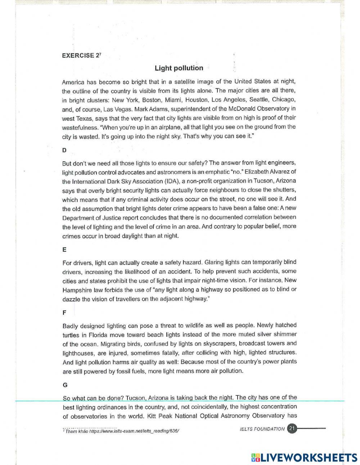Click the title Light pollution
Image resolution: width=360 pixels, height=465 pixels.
pos(179,68)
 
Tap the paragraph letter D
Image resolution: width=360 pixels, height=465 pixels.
pos(64,150)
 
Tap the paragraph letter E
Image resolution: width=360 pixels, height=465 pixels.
pos(64,250)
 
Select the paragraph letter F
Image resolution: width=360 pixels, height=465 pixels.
pos(64,313)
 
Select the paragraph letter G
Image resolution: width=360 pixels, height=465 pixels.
pos(65,385)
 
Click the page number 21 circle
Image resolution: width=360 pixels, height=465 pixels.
pos(292,429)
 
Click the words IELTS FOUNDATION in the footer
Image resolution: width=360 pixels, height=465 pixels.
pos(262,429)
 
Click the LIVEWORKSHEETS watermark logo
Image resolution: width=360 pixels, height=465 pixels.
pos(304,457)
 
